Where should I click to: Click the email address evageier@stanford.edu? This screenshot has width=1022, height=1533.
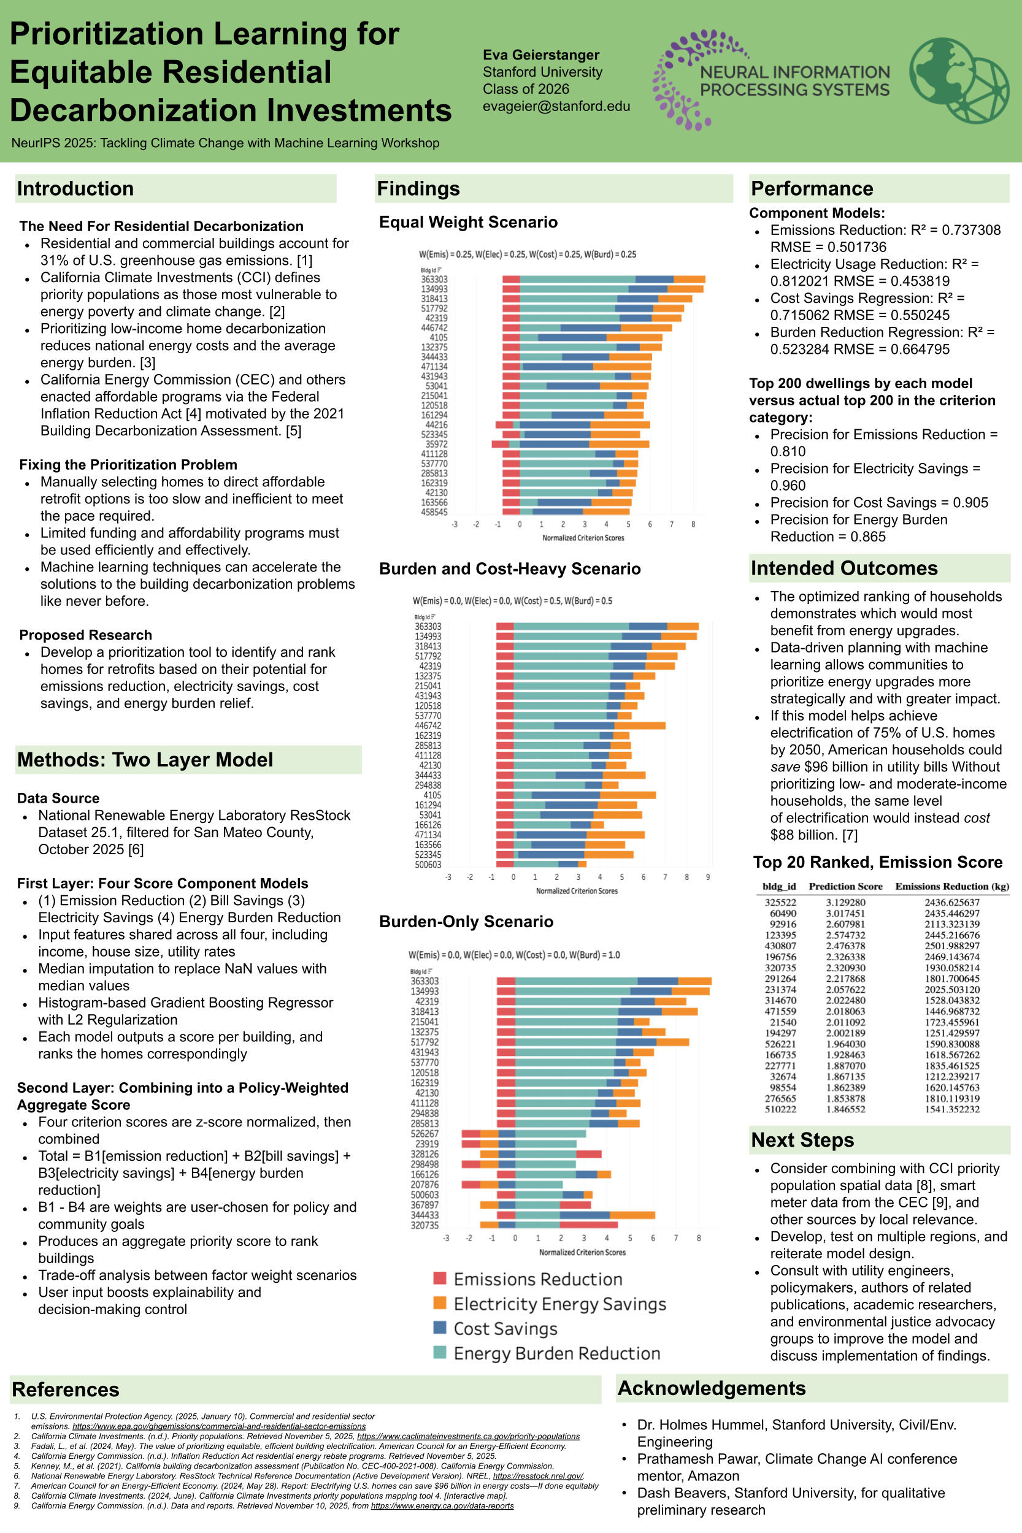coord(556,106)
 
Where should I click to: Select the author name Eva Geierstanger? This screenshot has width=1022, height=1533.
coord(540,55)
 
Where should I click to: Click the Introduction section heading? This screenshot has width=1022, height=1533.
coord(75,189)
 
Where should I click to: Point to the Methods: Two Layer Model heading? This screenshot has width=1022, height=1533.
coord(145,760)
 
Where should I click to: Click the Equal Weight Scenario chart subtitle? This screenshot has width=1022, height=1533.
coord(468,222)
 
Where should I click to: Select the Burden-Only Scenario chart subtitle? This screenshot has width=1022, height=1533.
coord(466,921)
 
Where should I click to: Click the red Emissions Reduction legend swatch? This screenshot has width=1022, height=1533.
coord(440,1279)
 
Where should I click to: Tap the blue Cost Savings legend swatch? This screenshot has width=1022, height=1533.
coord(440,1328)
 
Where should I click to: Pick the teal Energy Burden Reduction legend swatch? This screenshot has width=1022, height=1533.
coord(440,1353)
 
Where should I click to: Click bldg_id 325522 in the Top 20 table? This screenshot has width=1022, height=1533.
coord(780,903)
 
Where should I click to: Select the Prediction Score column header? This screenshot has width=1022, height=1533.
coord(845,886)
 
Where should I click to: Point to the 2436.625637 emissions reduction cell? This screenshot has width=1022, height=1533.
coord(951,903)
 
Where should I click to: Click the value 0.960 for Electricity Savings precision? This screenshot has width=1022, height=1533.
coord(788,486)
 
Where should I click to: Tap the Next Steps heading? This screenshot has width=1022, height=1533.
coord(802,1140)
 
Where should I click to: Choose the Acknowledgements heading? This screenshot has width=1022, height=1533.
coord(711,1388)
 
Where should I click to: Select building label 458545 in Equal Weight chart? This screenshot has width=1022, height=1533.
coord(434,512)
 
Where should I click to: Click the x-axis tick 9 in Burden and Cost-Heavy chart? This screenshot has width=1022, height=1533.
coord(708,877)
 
